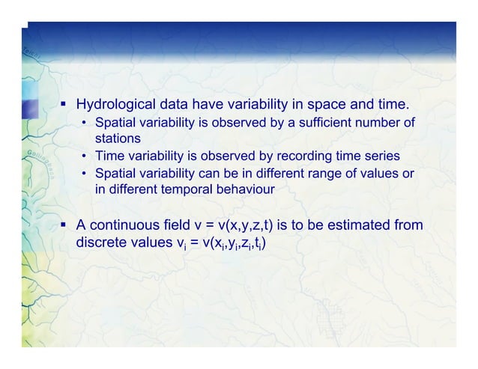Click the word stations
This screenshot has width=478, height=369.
coord(117,138)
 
